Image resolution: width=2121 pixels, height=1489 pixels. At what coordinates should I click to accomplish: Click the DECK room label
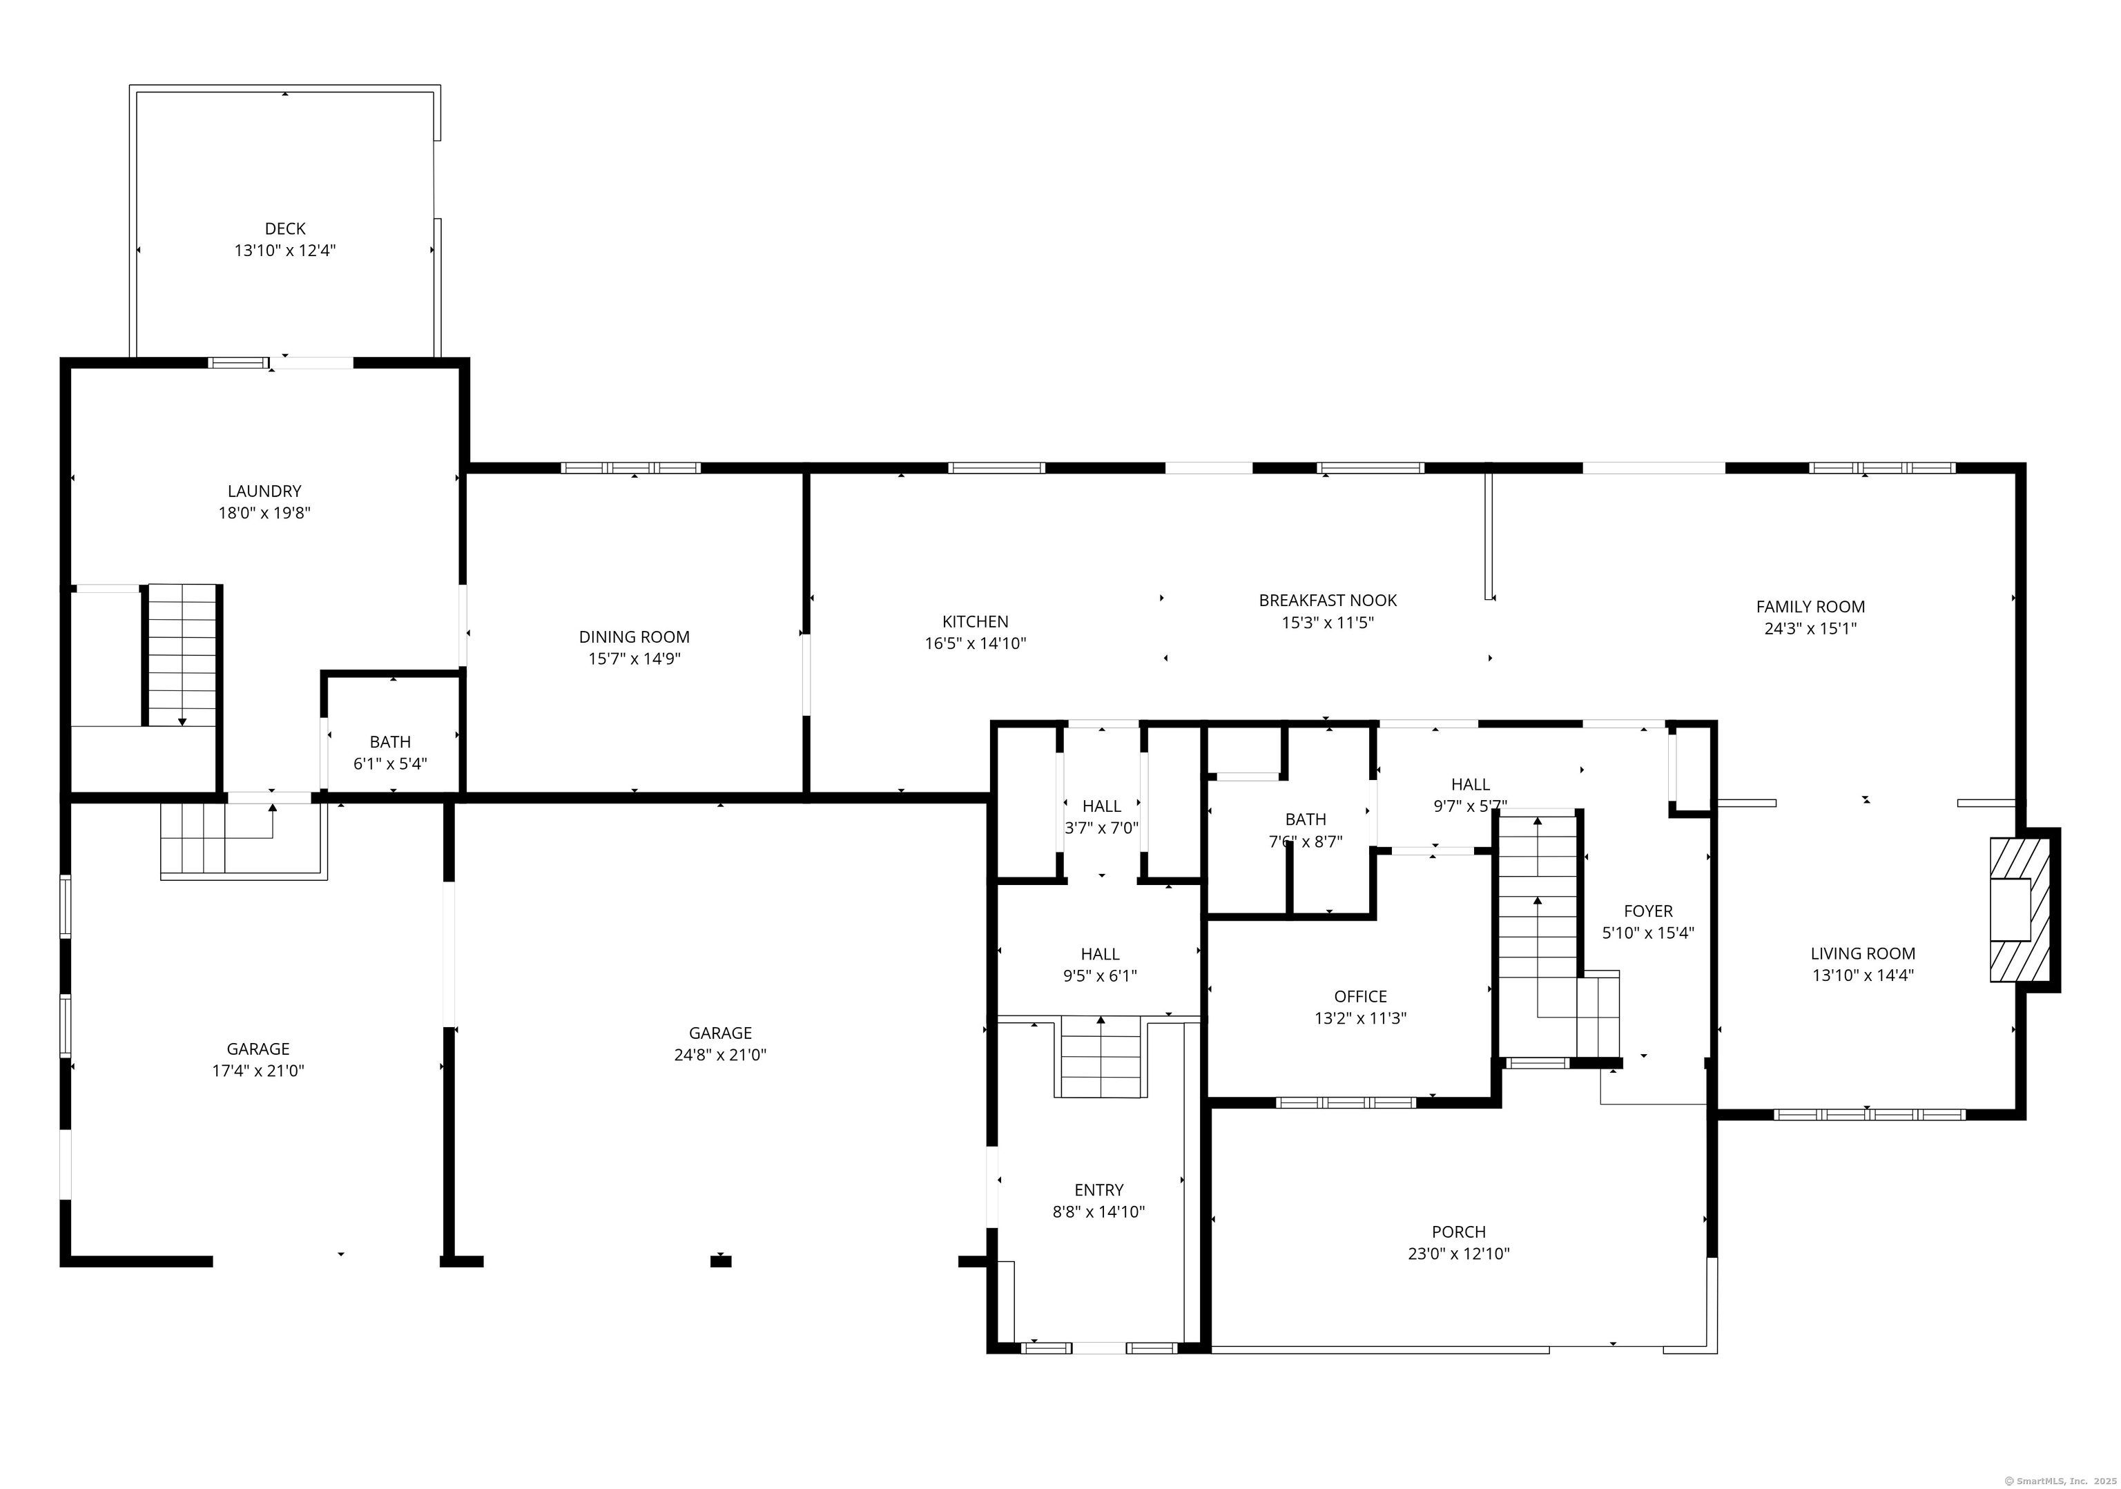point(284,228)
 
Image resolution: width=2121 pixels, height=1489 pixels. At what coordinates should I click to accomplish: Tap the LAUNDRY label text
point(264,492)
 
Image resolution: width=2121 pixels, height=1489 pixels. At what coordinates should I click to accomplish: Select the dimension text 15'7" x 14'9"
point(634,659)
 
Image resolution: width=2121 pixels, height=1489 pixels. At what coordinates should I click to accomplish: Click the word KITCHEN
point(975,622)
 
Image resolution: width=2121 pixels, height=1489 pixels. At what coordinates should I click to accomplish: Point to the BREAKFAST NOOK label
point(1328,601)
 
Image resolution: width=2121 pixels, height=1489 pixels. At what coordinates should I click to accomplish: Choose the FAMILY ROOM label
point(1810,607)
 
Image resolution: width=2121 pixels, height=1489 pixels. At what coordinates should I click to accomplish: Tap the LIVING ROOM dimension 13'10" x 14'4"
point(1862,975)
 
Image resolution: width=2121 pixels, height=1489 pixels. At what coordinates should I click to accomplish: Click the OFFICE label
point(1360,997)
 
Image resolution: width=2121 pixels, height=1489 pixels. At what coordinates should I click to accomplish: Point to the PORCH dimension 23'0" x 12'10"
point(1459,1254)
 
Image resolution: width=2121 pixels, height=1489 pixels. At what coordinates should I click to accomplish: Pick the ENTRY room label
point(1098,1189)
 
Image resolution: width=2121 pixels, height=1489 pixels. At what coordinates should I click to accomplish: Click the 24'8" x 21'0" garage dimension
point(719,1055)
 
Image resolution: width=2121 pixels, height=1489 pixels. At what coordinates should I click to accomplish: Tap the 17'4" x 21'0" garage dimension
point(258,1071)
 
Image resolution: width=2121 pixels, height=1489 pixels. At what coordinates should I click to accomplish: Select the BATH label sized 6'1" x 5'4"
point(390,741)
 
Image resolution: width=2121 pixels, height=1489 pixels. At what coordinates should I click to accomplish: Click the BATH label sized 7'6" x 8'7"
point(1306,819)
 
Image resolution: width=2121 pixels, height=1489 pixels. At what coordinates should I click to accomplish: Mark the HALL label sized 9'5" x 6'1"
point(1099,954)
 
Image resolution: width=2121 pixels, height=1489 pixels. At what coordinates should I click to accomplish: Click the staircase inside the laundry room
point(182,654)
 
